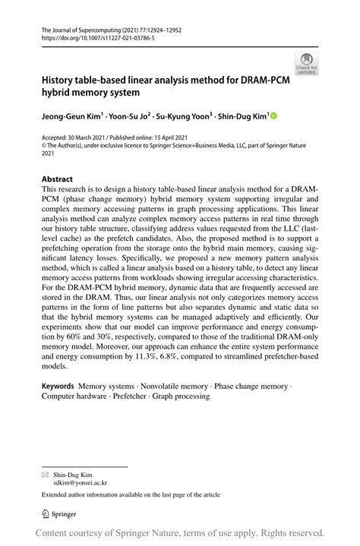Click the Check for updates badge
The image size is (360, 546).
307,63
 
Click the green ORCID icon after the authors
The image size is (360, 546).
274,116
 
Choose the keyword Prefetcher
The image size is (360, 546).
127,396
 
